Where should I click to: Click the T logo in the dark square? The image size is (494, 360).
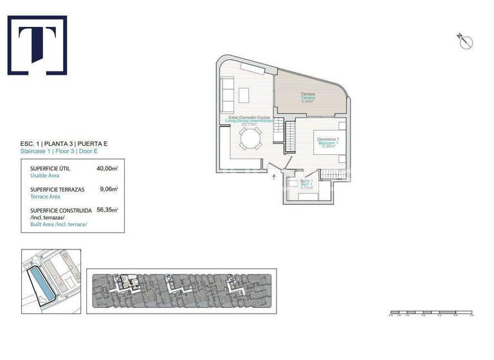tap(37, 46)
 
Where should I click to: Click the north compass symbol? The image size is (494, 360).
tap(466, 42)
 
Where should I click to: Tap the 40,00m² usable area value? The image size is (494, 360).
tap(107, 168)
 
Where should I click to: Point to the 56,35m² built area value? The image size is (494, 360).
tap(107, 210)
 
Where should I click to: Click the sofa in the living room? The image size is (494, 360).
tap(227, 94)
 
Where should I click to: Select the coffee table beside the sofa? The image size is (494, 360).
tap(245, 95)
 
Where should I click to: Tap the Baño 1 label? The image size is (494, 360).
tap(306, 181)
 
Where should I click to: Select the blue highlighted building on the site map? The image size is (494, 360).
tap(42, 283)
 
